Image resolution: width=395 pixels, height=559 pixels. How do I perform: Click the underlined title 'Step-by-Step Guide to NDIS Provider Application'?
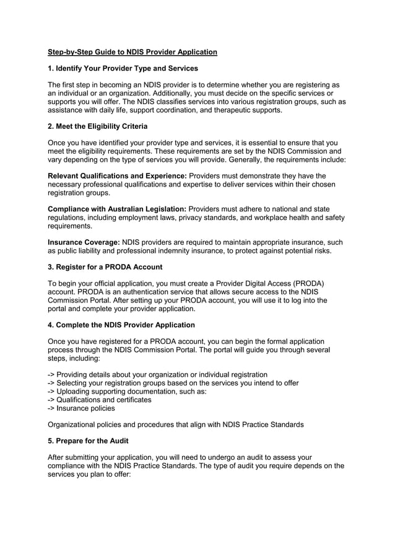tap(132, 52)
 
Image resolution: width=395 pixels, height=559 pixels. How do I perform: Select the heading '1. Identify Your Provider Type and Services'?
tap(123, 68)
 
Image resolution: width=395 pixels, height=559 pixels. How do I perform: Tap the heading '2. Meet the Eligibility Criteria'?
tap(98, 126)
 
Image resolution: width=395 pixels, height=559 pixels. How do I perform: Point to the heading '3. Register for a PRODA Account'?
tap(105, 267)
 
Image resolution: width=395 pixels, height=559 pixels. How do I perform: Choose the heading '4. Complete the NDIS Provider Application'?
tap(121, 325)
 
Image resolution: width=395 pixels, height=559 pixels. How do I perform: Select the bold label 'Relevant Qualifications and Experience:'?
tap(117, 175)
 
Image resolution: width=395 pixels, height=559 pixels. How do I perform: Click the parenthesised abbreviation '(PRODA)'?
tap(303, 283)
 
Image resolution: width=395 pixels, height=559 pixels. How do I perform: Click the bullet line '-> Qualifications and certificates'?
tap(100, 400)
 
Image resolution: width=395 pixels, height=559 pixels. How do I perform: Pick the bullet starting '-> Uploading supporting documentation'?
tap(127, 392)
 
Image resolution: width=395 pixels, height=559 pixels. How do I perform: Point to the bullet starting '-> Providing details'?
tap(157, 374)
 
